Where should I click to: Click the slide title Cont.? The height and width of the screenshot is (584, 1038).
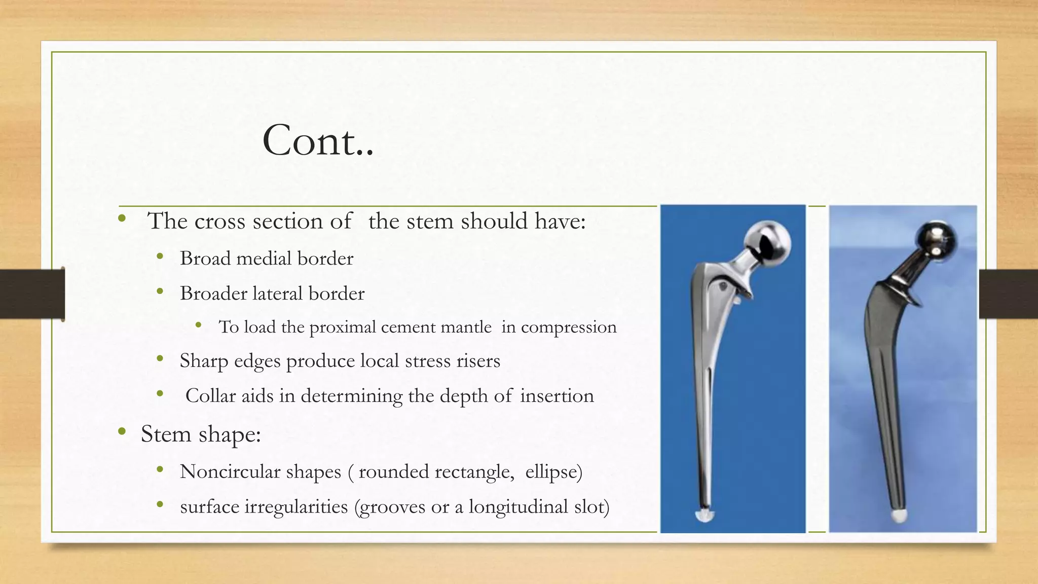pyautogui.click(x=317, y=141)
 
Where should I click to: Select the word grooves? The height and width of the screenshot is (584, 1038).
pyautogui.click(x=392, y=507)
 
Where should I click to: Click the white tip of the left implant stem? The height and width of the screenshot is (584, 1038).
pyautogui.click(x=705, y=516)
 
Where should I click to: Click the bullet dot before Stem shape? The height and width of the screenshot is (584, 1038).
pyautogui.click(x=122, y=432)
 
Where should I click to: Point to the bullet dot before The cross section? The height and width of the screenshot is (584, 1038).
pyautogui.click(x=122, y=219)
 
